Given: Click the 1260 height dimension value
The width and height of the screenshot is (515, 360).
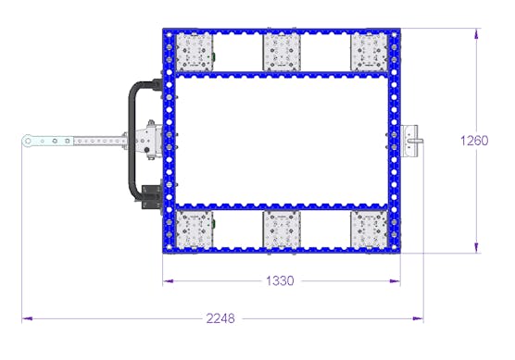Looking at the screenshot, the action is tap(474, 141).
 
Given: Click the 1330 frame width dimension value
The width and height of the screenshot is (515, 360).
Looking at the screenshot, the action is tap(280, 281).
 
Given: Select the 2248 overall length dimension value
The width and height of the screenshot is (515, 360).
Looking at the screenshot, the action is tap(220, 318).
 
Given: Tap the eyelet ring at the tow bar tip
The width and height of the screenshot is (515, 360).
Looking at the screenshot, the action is tap(28, 142).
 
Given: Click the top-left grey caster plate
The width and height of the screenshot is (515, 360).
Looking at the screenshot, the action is tap(195, 52).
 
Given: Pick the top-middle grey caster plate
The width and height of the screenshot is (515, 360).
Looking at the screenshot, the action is tap(282, 53).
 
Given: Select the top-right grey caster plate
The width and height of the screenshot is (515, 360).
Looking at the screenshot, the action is tap(370, 53).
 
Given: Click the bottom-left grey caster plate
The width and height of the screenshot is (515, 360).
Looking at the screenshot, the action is tap(195, 230).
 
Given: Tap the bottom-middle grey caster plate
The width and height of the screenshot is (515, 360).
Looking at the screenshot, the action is tap(282, 230).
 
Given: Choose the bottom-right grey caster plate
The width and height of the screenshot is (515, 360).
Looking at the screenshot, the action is tap(370, 230).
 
